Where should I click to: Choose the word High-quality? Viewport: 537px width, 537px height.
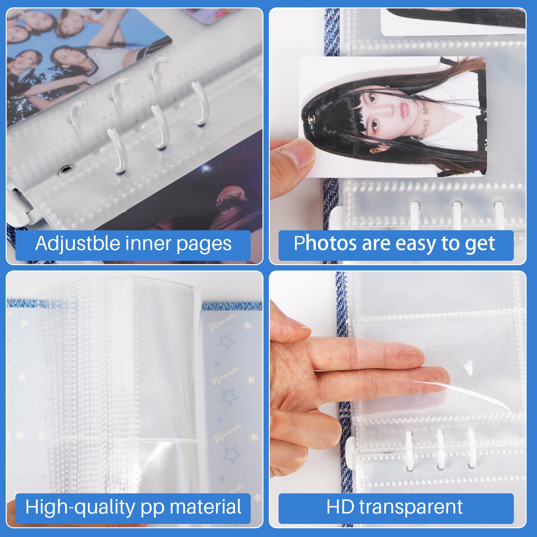point(80,507)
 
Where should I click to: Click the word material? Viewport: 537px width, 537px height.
point(205,507)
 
